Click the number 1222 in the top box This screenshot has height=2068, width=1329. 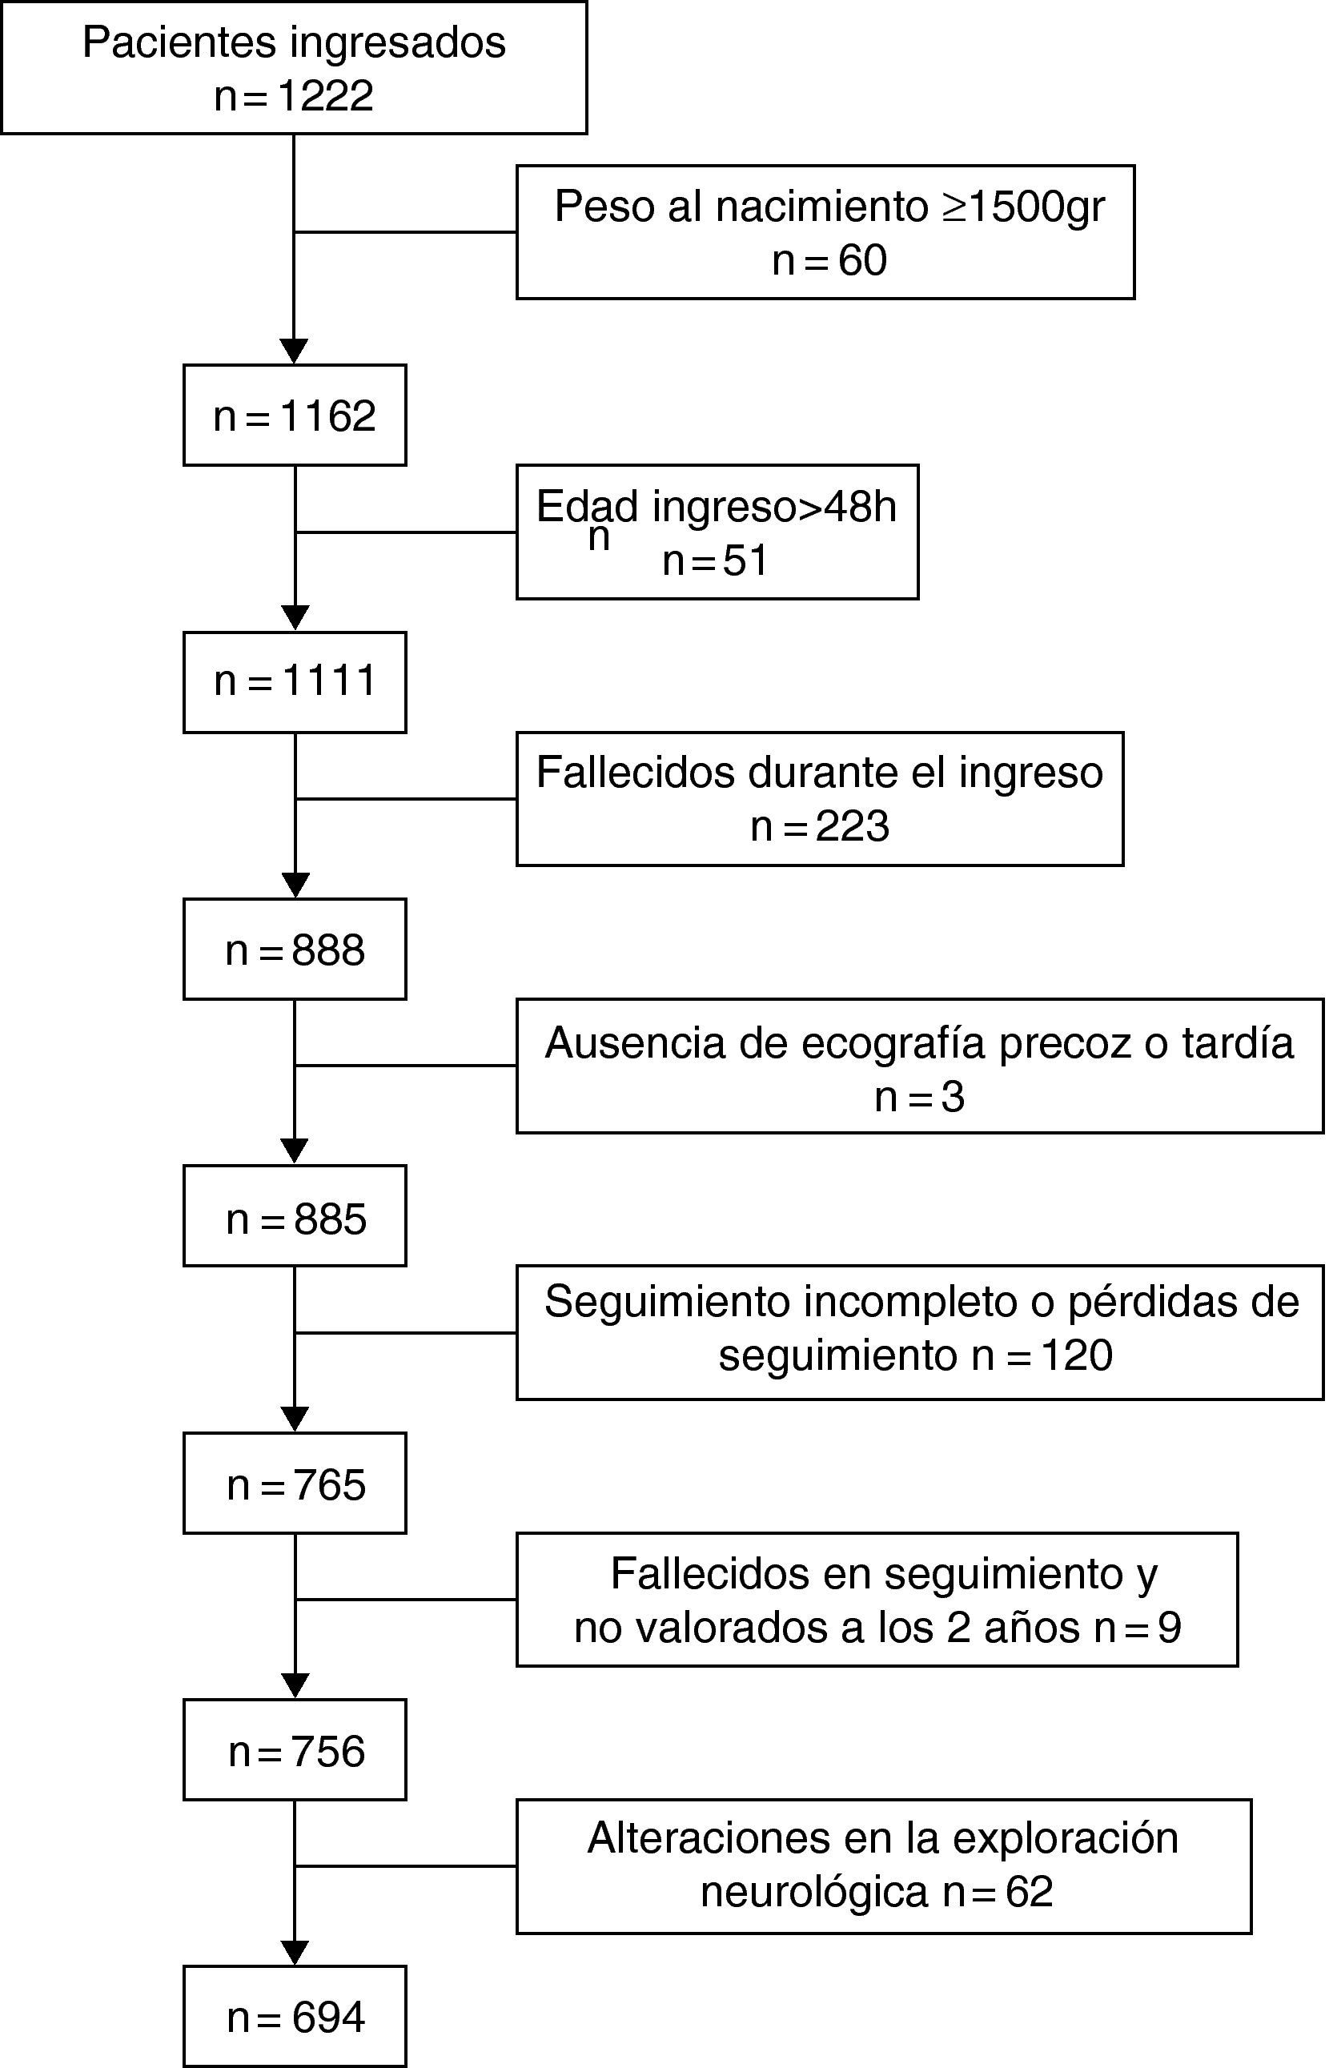pyautogui.click(x=325, y=96)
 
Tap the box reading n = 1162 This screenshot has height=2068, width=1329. pyautogui.click(x=295, y=416)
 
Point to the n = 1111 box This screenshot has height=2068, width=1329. pyautogui.click(x=295, y=681)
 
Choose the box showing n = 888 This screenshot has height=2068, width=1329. pyautogui.click(x=295, y=950)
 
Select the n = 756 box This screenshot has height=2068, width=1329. pyautogui.click(x=295, y=1753)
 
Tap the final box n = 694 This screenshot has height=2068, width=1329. pyautogui.click(x=295, y=2017)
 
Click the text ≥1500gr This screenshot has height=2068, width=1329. pyautogui.click(x=1022, y=207)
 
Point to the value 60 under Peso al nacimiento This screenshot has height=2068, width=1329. pyautogui.click(x=862, y=260)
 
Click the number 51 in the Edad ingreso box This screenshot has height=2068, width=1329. pyautogui.click(x=745, y=560)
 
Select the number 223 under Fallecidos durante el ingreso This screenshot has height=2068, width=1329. pyautogui.click(x=852, y=826)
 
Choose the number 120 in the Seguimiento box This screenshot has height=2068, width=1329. pyautogui.click(x=1077, y=1355)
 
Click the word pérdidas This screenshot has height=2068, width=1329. pyautogui.click(x=1146, y=1302)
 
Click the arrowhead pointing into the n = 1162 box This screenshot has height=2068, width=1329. pyautogui.click(x=295, y=352)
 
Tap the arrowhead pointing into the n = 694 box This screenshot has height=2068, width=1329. pyautogui.click(x=295, y=1953)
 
